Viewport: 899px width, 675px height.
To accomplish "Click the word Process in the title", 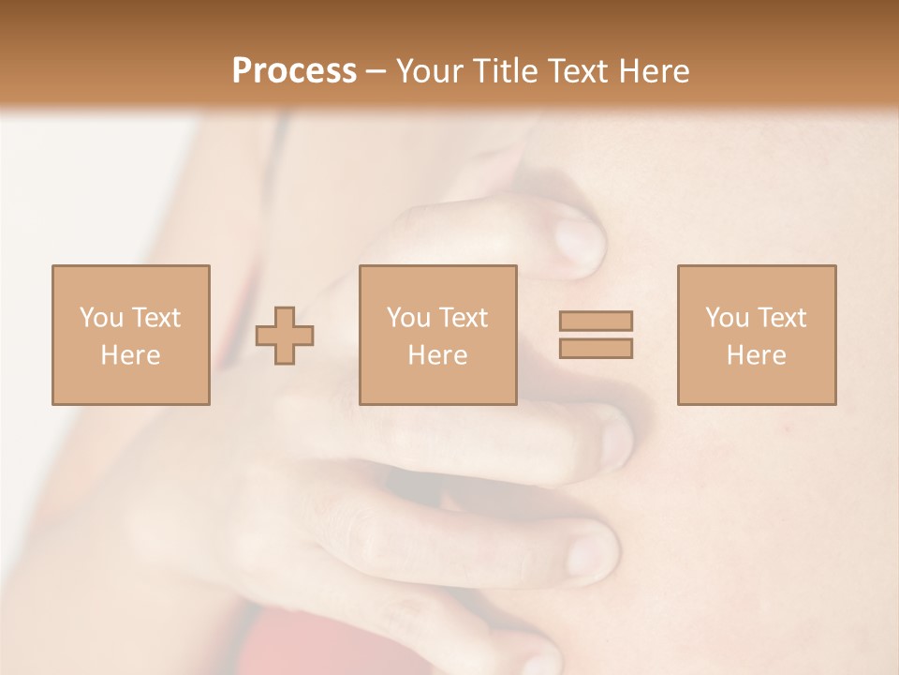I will (x=294, y=71).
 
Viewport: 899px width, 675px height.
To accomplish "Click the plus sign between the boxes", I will (x=286, y=335).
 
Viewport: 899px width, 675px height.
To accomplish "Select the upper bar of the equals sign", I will (x=596, y=321).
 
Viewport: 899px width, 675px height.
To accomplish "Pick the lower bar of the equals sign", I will (x=596, y=349).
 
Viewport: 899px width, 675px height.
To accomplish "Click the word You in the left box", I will (x=100, y=318).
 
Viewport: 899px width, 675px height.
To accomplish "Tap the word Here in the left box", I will (x=130, y=355).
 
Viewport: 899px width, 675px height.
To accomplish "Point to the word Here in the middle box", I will (x=437, y=355).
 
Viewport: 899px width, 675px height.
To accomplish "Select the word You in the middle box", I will (x=408, y=318).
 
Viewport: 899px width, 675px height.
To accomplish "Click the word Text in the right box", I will (x=782, y=318).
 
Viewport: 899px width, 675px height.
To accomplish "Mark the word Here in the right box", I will (x=756, y=355).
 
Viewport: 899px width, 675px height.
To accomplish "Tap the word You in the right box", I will (x=727, y=318).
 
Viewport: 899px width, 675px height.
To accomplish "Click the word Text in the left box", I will (x=155, y=318).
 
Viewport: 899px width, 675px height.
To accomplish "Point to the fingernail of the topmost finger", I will (x=578, y=242).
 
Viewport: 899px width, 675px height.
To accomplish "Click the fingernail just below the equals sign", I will (x=615, y=441).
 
